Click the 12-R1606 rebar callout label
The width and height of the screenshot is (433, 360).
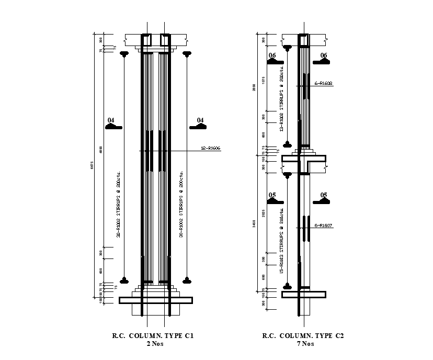point(211,149)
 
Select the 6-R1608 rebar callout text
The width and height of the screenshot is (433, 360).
point(323,83)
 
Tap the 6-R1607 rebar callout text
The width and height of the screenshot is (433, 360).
point(323,226)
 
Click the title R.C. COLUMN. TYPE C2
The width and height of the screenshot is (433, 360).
point(303,336)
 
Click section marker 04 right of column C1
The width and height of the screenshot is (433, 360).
point(199,124)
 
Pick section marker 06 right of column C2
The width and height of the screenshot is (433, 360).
point(322,59)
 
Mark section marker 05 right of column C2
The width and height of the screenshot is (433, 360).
point(322,199)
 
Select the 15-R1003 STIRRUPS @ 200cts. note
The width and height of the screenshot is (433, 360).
point(282,242)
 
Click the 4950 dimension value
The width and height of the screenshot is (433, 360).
point(101,150)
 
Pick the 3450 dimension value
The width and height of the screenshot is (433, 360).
point(255,224)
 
